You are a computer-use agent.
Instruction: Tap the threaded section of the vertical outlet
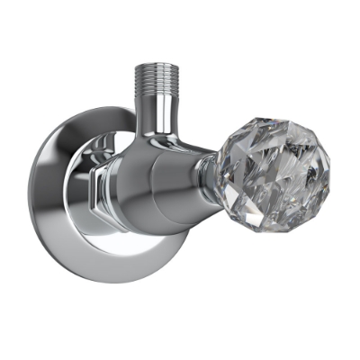158,79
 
